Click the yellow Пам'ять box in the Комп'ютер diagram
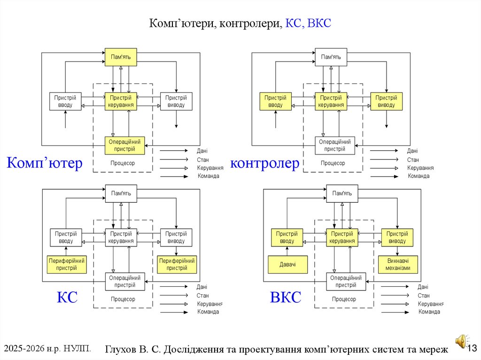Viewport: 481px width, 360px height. click(x=121, y=57)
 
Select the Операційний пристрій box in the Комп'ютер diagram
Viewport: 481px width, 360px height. click(x=124, y=146)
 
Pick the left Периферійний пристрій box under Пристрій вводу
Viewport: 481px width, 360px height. click(x=66, y=265)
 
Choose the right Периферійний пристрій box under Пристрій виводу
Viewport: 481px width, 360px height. click(x=177, y=265)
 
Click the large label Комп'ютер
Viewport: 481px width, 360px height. click(x=45, y=163)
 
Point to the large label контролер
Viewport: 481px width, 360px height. click(x=264, y=163)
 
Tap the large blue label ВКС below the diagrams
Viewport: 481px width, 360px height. click(x=285, y=298)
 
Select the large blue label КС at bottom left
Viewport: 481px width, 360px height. click(x=67, y=298)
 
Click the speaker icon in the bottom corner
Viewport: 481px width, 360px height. click(x=461, y=341)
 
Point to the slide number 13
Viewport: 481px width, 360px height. click(x=472, y=348)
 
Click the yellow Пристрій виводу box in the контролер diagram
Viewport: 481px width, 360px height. click(x=387, y=101)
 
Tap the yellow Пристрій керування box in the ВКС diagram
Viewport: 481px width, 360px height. click(x=342, y=237)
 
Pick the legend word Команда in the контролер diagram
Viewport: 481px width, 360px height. click(x=419, y=176)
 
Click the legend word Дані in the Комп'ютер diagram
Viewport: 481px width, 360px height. click(x=202, y=151)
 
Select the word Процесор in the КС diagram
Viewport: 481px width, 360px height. click(x=123, y=299)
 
